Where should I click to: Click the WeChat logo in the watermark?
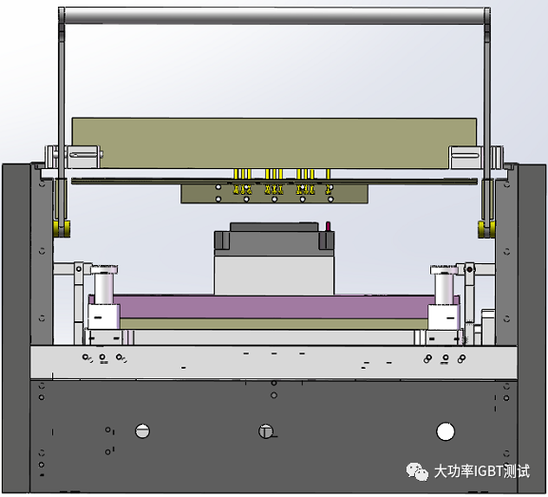coord(417,471)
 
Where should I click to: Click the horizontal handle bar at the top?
coord(274,16)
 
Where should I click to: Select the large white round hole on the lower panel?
coord(445,431)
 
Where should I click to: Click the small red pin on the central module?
coord(329,226)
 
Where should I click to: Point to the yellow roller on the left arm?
coord(62,228)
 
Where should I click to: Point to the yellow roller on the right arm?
coord(486,229)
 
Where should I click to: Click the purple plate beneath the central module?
coord(274,306)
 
